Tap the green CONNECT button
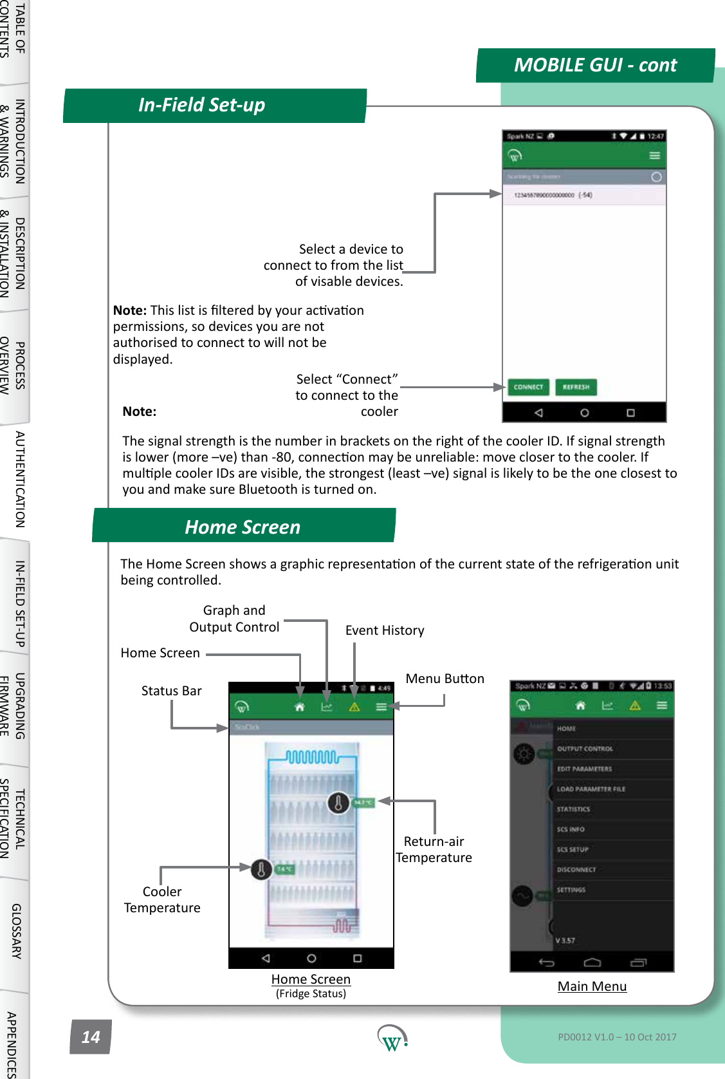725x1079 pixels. click(x=528, y=387)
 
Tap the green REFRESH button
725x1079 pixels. click(x=576, y=387)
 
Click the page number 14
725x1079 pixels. click(x=91, y=1037)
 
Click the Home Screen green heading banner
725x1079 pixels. click(x=243, y=527)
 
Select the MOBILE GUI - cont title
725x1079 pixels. click(x=595, y=65)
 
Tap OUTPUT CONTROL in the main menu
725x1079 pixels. click(x=585, y=749)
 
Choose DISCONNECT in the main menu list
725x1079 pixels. click(x=576, y=869)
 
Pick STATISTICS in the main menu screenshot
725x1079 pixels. click(x=573, y=809)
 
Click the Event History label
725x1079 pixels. click(x=385, y=630)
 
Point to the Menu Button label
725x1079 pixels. click(x=445, y=679)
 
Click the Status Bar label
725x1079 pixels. click(x=171, y=691)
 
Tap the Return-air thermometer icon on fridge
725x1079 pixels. click(x=338, y=802)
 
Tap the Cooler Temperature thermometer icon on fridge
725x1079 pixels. click(x=261, y=869)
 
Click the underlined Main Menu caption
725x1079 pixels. click(x=592, y=986)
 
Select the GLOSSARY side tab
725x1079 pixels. click(x=16, y=931)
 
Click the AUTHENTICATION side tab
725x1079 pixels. click(x=19, y=479)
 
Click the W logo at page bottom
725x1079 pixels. click(x=391, y=1038)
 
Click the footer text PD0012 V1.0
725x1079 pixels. click(x=616, y=1037)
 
